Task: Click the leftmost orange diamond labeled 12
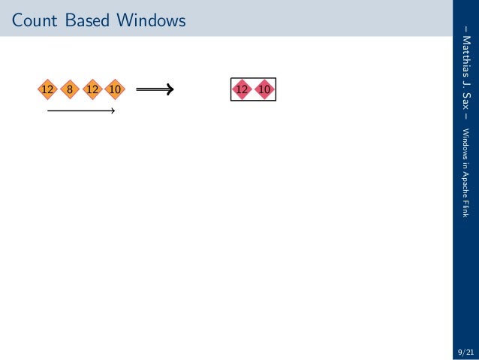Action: (47, 90)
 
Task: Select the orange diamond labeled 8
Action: (69, 90)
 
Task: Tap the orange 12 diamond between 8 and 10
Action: (92, 90)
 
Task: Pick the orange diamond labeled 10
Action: (115, 90)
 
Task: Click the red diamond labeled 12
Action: (242, 90)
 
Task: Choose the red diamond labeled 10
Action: (264, 90)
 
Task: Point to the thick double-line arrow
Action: (155, 90)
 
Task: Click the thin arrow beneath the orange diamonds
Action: (80, 112)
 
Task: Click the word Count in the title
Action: (33, 21)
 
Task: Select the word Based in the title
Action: (86, 21)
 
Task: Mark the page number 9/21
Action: (465, 351)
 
